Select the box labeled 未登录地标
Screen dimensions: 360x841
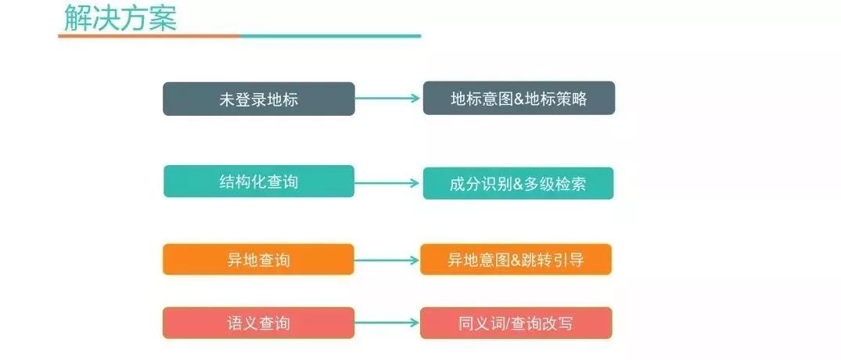coord(258,99)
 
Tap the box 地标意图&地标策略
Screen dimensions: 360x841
coord(519,99)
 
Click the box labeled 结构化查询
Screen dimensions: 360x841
coord(258,182)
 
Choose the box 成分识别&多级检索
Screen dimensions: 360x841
coord(518,183)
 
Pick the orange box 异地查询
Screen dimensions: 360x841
coord(258,260)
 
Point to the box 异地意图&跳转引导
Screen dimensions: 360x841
coord(516,260)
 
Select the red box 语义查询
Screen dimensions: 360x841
coord(258,322)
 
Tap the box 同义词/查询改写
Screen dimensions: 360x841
coord(516,322)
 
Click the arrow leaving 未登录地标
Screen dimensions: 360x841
coord(388,99)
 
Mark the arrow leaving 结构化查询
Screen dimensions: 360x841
coord(388,183)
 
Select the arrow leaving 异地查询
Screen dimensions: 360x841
coord(388,260)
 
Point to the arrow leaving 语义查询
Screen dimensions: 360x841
coord(388,322)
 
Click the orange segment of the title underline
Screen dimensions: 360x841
coord(149,36)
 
